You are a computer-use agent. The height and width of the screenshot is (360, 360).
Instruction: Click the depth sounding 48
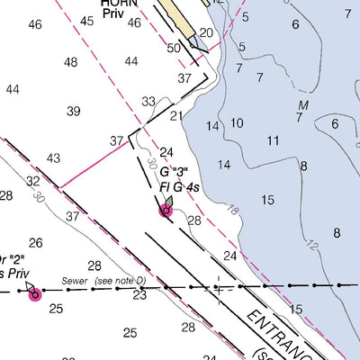(70, 62)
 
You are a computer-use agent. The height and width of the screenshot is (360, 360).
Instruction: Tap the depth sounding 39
(74, 111)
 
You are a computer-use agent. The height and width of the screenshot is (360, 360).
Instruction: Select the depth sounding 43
(54, 158)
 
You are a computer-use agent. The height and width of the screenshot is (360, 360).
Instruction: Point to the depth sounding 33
(148, 102)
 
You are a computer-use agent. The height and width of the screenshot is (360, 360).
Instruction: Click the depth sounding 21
(176, 115)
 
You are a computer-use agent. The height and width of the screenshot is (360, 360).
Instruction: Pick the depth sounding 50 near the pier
(174, 47)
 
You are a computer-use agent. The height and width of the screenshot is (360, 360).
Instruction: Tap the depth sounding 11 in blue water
(273, 140)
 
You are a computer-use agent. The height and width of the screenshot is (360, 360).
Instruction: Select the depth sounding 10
(237, 123)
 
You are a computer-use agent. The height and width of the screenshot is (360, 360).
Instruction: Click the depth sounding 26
(35, 243)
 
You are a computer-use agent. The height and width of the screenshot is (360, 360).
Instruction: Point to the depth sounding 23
(139, 294)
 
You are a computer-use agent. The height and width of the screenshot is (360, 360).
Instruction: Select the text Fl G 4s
(179, 187)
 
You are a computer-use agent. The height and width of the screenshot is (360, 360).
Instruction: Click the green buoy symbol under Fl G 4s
(166, 209)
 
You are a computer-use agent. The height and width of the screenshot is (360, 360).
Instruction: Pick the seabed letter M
(302, 106)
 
